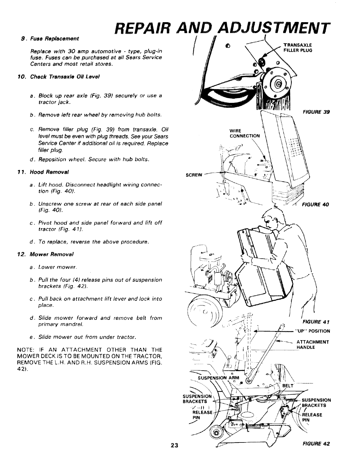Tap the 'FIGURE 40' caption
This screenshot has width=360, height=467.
(315, 204)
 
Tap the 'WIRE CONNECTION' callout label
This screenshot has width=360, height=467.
(245, 133)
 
